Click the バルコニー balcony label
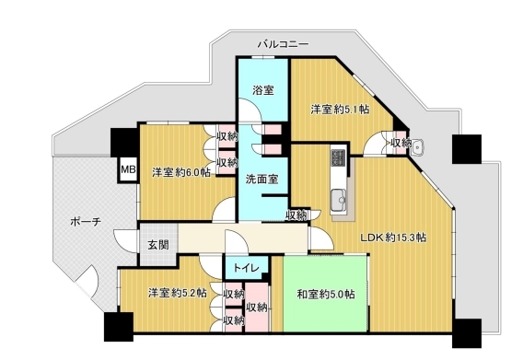pos(284,44)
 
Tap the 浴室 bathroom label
pos(263,90)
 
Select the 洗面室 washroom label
pos(261,180)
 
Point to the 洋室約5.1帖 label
pos(340,109)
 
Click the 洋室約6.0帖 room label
pos(181,172)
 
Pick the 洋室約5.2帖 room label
pos(178,293)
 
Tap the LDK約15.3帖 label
pos(393,238)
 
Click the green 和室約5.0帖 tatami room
pos(326,294)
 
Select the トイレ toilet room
pos(247,268)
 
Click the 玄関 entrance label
pos(158,245)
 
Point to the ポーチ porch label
pos(86,222)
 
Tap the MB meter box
pos(128,169)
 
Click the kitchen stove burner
pos(338,157)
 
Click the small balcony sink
pos(417,147)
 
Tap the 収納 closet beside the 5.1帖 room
pos(401,143)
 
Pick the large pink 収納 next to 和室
pos(257,308)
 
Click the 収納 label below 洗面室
pos(296,215)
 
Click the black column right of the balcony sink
pos(467,149)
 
